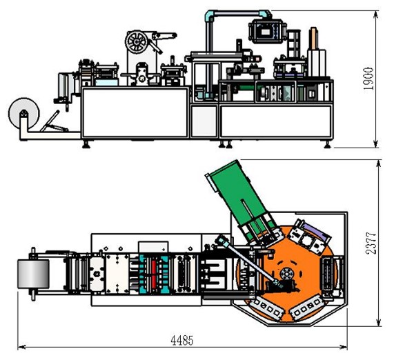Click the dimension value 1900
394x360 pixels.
[x=368, y=79]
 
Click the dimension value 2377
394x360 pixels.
[x=371, y=243]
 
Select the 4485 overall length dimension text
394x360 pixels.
[x=182, y=341]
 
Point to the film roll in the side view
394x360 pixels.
[x=24, y=113]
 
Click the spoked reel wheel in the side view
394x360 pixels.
[x=137, y=42]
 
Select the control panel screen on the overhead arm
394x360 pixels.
[x=267, y=32]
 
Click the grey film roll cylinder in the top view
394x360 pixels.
[x=33, y=274]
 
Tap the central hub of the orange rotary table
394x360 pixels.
[x=286, y=273]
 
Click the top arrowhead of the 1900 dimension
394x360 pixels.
[x=375, y=14]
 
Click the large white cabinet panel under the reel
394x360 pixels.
[x=135, y=112]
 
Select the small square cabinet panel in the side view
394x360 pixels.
[x=204, y=121]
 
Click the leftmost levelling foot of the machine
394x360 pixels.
[x=86, y=144]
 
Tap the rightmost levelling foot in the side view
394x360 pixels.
[x=327, y=144]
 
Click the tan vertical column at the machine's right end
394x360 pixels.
[x=313, y=39]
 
